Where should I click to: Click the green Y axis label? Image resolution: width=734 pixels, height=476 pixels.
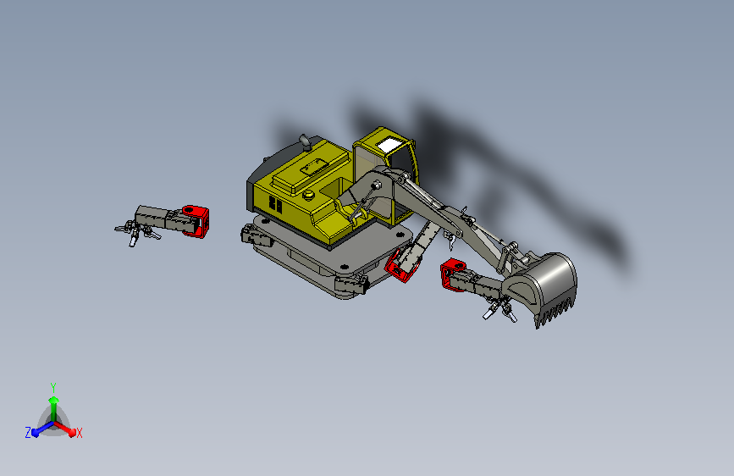pyautogui.click(x=53, y=387)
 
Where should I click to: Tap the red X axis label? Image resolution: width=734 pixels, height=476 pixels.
pyautogui.click(x=79, y=433)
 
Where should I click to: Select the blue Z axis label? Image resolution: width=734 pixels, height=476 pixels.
pyautogui.click(x=28, y=433)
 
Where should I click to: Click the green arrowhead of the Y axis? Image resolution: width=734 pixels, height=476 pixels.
pyautogui.click(x=54, y=400)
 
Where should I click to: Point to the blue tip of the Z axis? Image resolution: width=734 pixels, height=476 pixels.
pyautogui.click(x=36, y=433)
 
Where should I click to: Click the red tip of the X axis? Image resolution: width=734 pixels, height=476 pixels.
pyautogui.click(x=72, y=432)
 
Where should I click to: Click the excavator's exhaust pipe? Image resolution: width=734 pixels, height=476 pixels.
pyautogui.click(x=305, y=142)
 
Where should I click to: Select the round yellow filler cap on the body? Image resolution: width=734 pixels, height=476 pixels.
pyautogui.click(x=309, y=195)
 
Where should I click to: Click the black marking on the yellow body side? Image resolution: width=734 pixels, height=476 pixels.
pyautogui.click(x=275, y=205)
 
